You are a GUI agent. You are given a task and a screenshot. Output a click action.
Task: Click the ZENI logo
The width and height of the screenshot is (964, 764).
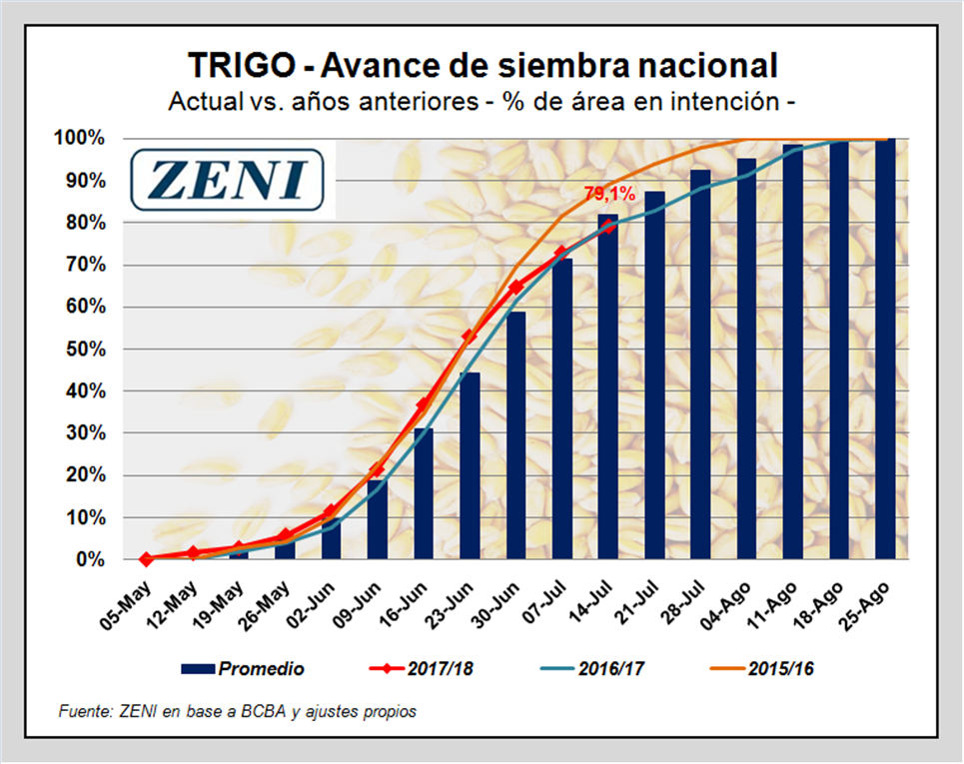tap(230, 180)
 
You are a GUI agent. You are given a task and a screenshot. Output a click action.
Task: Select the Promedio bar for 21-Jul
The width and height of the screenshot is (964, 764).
tap(654, 375)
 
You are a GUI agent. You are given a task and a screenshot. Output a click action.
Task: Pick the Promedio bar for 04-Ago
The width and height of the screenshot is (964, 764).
tap(746, 360)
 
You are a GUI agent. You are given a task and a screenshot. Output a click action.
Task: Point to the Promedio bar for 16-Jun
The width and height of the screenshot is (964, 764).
tap(424, 493)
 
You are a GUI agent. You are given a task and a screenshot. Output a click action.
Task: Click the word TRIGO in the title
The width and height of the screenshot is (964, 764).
tap(241, 67)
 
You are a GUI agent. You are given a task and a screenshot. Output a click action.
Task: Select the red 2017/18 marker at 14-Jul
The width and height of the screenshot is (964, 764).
tap(608, 226)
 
